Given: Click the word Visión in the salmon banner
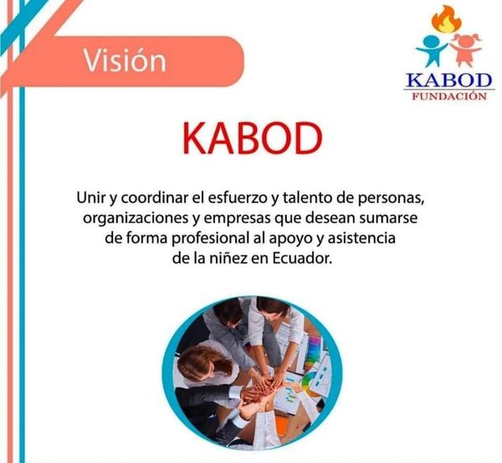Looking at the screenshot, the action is [125, 60].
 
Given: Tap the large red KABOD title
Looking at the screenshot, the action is [253, 139].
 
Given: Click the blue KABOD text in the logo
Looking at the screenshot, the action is [448, 80].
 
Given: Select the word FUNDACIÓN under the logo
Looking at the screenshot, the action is [448, 96].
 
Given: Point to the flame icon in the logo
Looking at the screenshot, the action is [446, 19].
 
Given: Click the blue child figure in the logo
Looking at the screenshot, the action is [433, 50].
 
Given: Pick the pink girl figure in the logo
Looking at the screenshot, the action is [465, 49].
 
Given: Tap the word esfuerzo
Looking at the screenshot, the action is [237, 198].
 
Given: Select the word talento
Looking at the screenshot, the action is [308, 198].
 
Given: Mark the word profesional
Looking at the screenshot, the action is [210, 239].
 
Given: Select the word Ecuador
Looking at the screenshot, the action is [302, 258].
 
